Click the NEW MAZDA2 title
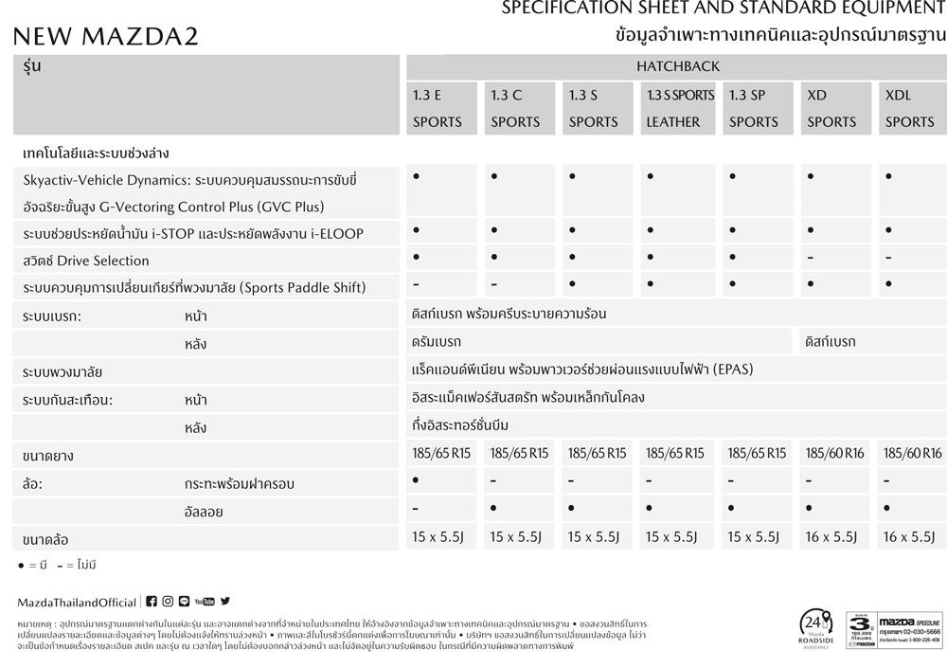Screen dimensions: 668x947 click(x=105, y=37)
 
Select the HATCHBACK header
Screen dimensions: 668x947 click(x=677, y=66)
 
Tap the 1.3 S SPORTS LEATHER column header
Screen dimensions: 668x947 click(x=680, y=108)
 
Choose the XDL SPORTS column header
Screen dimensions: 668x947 click(x=909, y=108)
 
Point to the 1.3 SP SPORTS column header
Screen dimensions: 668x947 click(x=754, y=108)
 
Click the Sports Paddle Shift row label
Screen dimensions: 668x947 click(x=194, y=287)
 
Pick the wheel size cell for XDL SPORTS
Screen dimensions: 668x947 click(x=909, y=537)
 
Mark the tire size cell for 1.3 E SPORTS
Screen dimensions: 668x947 click(x=441, y=454)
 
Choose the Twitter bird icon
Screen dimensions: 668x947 click(x=225, y=602)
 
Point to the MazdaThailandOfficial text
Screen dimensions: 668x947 click(x=77, y=603)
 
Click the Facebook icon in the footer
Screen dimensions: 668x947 click(x=152, y=602)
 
